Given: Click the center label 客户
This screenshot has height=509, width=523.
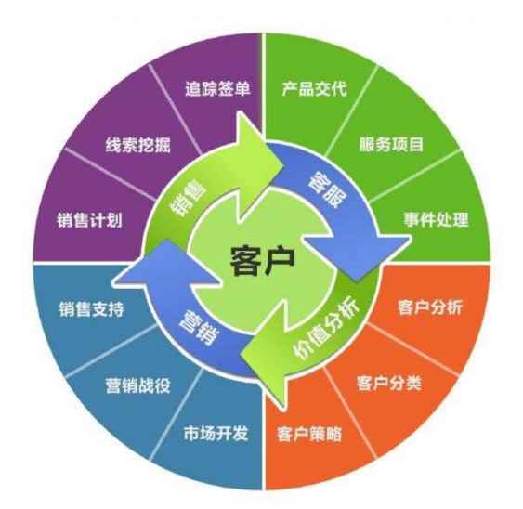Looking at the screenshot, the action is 263,260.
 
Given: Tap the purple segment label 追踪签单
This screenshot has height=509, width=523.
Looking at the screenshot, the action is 217,89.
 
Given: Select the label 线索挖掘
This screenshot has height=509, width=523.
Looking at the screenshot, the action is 138,145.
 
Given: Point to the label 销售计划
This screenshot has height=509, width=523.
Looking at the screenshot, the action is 89,220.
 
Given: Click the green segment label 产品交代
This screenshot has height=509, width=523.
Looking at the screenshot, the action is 315,88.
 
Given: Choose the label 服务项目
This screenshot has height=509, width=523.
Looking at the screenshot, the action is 391,144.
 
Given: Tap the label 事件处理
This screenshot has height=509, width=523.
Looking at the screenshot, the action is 437,219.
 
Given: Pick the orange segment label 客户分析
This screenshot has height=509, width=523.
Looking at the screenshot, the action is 430,307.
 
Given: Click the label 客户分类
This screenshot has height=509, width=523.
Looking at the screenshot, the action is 389,383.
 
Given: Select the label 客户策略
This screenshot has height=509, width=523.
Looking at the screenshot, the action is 309,435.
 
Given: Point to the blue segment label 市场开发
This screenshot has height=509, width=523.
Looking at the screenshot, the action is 216,433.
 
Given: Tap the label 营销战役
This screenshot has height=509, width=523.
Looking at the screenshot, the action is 138,385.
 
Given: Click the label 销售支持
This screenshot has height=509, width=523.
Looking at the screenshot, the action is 92,309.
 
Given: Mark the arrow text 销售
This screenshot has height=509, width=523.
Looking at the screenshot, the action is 189,199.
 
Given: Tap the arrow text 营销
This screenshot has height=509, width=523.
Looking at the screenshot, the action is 199,328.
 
